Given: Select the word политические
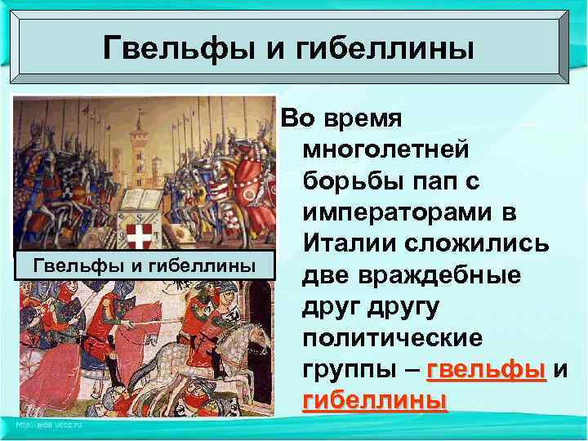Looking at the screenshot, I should tap(392, 336).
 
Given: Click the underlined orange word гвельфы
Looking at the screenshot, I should tap(486, 368).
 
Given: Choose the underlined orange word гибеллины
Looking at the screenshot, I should tap(375, 399).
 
